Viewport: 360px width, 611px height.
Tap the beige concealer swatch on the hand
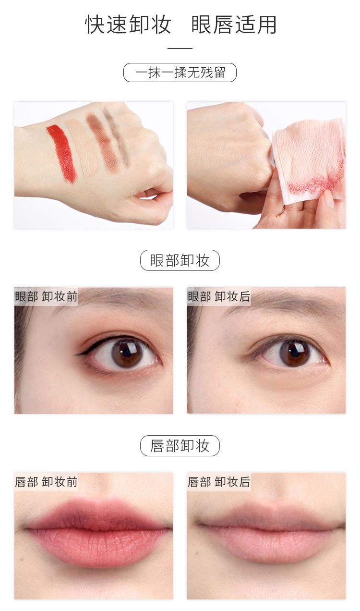[83, 147]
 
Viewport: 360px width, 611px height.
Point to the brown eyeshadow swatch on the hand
[102, 142]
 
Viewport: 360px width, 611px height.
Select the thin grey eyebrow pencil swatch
[118, 139]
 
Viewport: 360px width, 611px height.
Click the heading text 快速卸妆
[129, 24]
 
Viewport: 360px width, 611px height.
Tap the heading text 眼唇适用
[234, 24]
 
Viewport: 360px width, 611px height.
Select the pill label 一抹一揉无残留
[180, 73]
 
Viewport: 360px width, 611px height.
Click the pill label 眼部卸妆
[180, 260]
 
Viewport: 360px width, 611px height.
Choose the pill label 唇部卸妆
[180, 446]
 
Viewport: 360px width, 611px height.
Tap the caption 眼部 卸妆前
[46, 296]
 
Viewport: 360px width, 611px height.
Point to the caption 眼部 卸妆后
[219, 296]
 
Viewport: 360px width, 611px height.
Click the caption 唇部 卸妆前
[46, 482]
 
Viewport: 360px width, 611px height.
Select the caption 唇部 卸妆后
[219, 482]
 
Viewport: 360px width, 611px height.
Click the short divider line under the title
[180, 49]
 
